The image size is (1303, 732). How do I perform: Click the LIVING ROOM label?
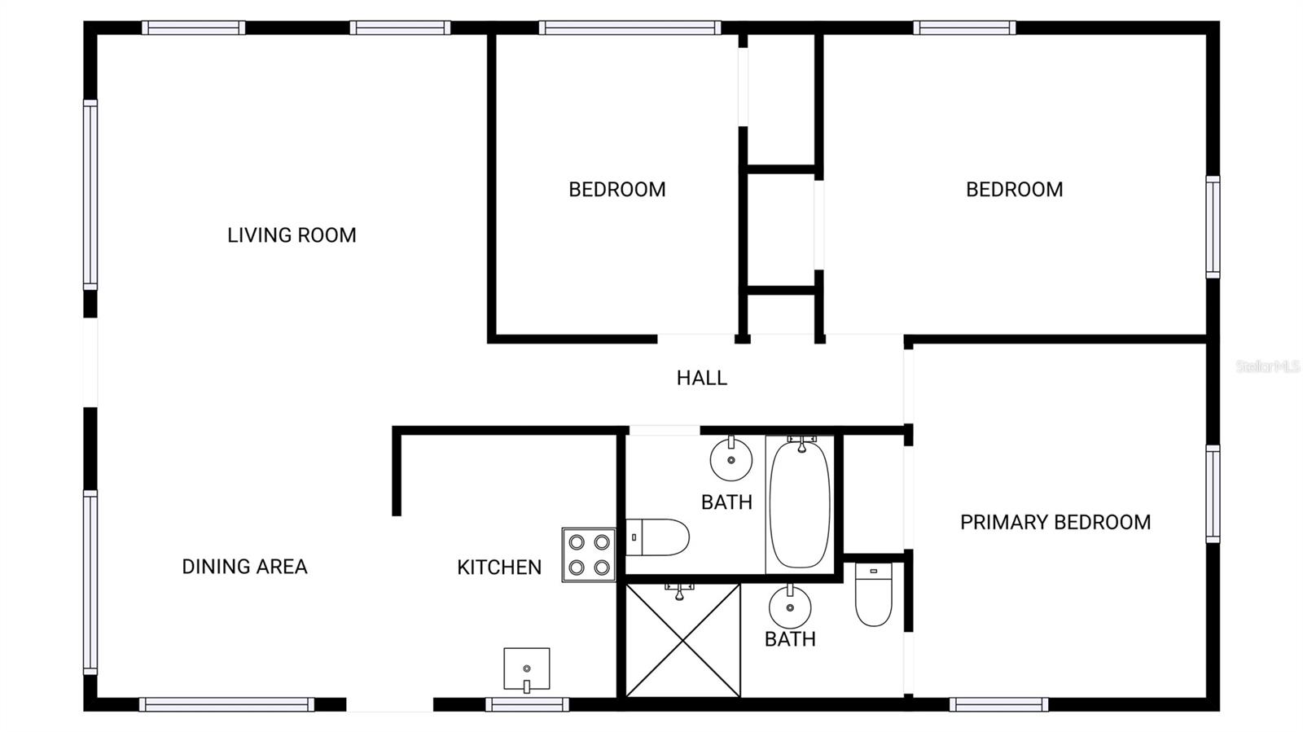pos(292,235)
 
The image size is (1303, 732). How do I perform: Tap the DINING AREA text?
pos(244,567)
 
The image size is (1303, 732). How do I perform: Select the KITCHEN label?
pos(498,568)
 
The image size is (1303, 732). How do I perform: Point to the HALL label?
pos(701,378)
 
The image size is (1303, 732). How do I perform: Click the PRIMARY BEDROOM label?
pos(1055,523)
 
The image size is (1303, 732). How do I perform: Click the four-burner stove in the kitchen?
pos(588,554)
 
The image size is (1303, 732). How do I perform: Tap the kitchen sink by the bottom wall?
pos(526,669)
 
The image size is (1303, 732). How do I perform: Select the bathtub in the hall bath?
pos(800,504)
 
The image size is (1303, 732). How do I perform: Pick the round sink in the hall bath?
pos(730,460)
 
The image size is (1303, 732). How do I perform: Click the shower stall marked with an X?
pos(682,641)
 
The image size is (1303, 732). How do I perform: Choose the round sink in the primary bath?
pos(789,607)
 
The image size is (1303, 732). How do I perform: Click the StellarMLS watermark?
pos(1267,366)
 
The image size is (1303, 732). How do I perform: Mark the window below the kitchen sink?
pos(527,704)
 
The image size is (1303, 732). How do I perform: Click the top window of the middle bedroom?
pos(629,28)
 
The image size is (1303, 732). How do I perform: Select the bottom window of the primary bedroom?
pos(998,704)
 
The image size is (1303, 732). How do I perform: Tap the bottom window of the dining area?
pos(226,704)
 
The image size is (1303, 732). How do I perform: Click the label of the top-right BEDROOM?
pos(1014,190)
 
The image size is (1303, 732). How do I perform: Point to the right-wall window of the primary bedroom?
pos(1213,493)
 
